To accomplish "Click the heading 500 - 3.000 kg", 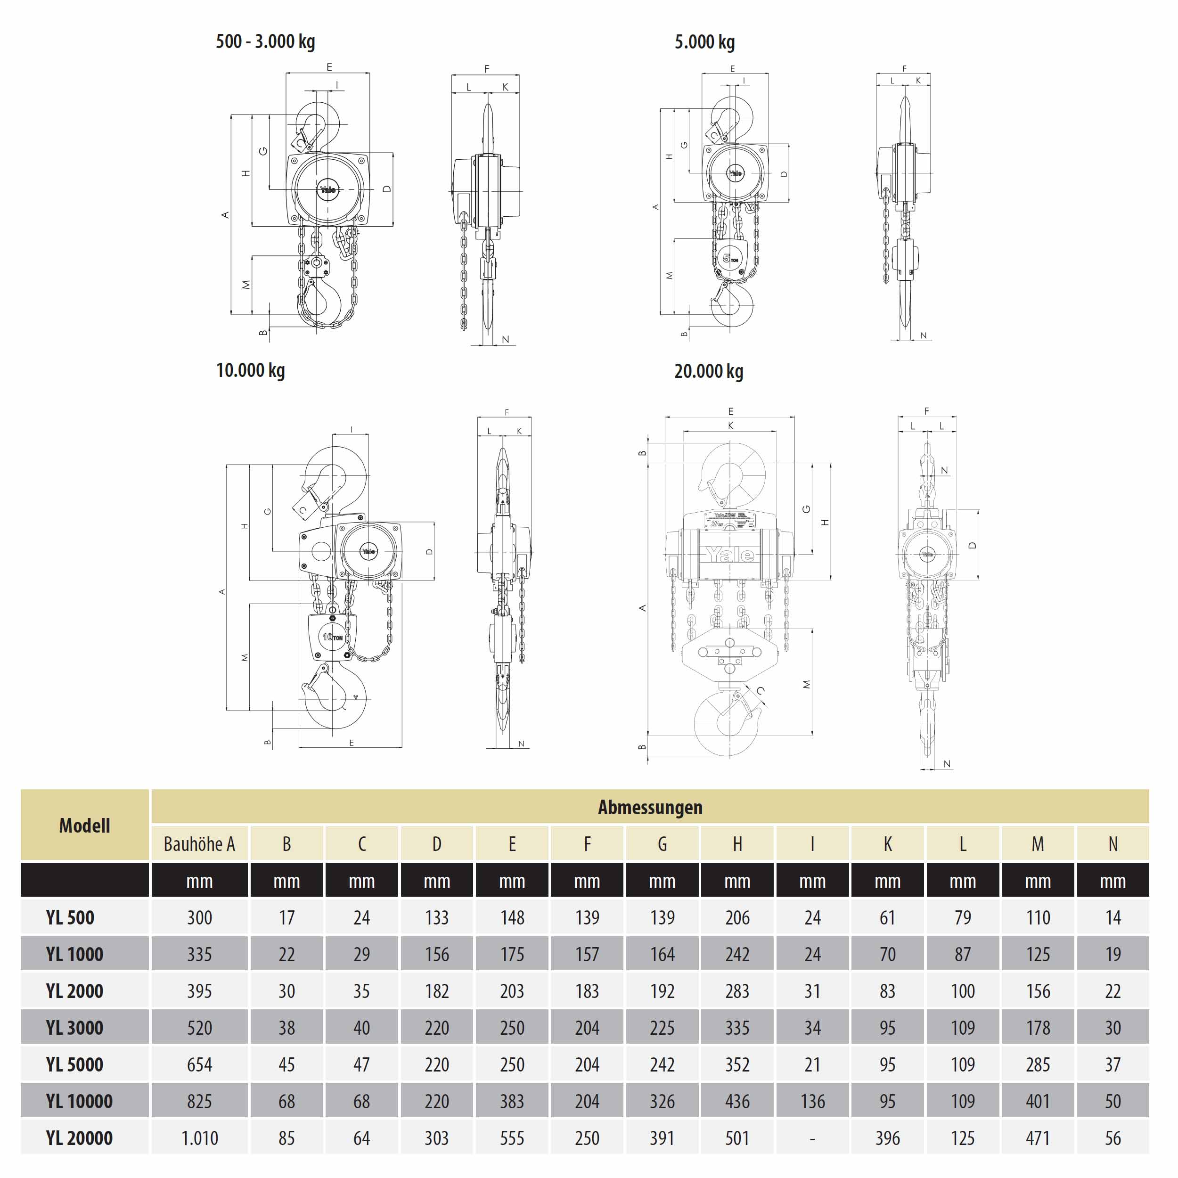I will pyautogui.click(x=265, y=41).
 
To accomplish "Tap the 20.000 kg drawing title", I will pyautogui.click(x=709, y=371).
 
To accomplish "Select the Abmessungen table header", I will pyautogui.click(x=649, y=807).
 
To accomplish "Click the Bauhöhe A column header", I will pyautogui.click(x=199, y=844).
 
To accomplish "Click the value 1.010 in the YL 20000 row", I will pyautogui.click(x=199, y=1138).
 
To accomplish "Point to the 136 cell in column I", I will pyautogui.click(x=812, y=1101).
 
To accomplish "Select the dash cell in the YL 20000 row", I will pyautogui.click(x=812, y=1138).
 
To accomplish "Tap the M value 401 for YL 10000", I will pyautogui.click(x=1038, y=1101).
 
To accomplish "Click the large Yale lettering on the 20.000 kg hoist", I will pyautogui.click(x=730, y=554).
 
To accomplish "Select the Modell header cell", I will pyautogui.click(x=85, y=825).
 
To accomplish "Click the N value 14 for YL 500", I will pyautogui.click(x=1113, y=917).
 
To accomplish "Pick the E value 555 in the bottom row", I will pyautogui.click(x=512, y=1138).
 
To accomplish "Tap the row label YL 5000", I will pyautogui.click(x=74, y=1064).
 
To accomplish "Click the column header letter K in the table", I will pyautogui.click(x=888, y=844).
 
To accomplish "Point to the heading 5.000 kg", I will pyautogui.click(x=704, y=41).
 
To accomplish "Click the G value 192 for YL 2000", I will pyautogui.click(x=662, y=991).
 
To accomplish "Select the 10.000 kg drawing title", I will pyautogui.click(x=251, y=370).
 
